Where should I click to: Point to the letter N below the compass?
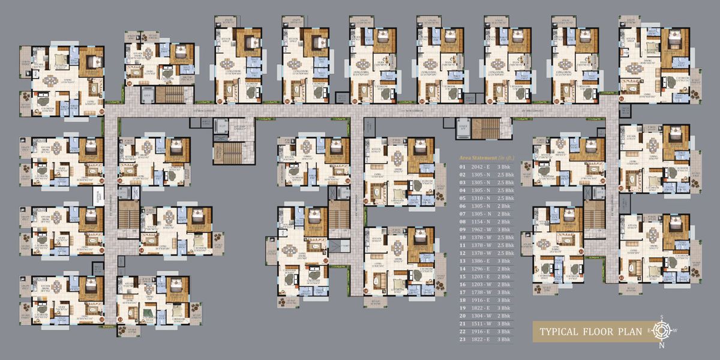[662, 345]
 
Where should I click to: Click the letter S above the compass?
[662, 316]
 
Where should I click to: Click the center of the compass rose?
[662, 330]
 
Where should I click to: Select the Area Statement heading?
[486, 157]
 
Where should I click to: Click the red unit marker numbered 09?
[101, 110]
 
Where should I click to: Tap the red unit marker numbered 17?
[326, 260]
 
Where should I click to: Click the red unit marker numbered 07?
[220, 101]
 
